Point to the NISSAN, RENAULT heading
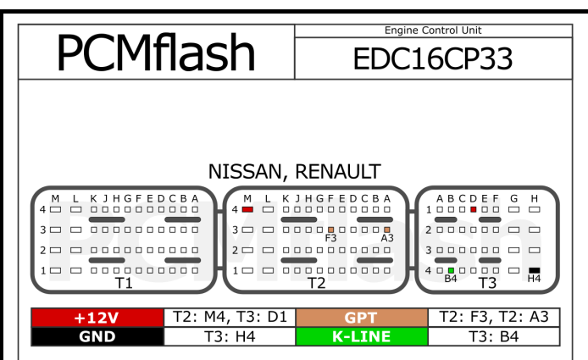(x=294, y=171)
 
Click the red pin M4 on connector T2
(x=247, y=208)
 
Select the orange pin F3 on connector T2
(x=330, y=230)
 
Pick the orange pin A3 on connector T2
(x=386, y=230)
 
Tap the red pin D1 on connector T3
(x=473, y=208)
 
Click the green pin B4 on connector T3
(x=451, y=270)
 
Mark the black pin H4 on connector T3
(x=534, y=270)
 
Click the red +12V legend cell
(x=96, y=318)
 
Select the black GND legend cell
(x=96, y=336)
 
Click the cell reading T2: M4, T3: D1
(x=229, y=318)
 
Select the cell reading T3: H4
(x=229, y=336)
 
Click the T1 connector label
(x=125, y=283)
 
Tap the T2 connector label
(x=316, y=283)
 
